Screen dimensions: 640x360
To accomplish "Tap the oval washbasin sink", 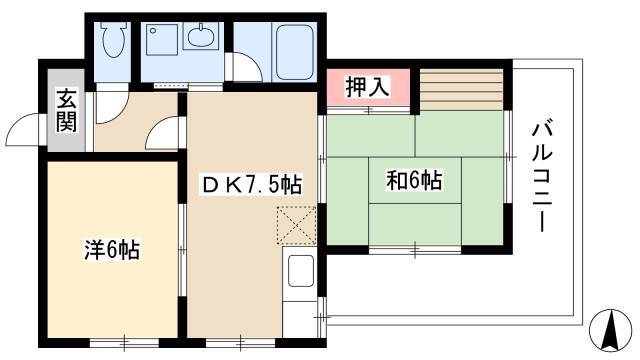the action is [201, 35].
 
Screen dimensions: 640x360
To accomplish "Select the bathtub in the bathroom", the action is [295, 52].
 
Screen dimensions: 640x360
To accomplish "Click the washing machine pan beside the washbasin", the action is [162, 40].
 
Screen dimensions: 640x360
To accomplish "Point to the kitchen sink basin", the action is [301, 271].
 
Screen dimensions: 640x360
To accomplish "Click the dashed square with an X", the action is [297, 225].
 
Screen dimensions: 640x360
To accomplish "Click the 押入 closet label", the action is [368, 87].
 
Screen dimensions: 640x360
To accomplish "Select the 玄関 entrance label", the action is [66, 111].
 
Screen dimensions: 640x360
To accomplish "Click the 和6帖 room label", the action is [414, 180].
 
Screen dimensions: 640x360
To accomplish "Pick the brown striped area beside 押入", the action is [462, 90].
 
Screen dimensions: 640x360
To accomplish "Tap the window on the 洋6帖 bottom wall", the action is [124, 342].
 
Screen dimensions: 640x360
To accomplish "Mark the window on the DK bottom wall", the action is [240, 342].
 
